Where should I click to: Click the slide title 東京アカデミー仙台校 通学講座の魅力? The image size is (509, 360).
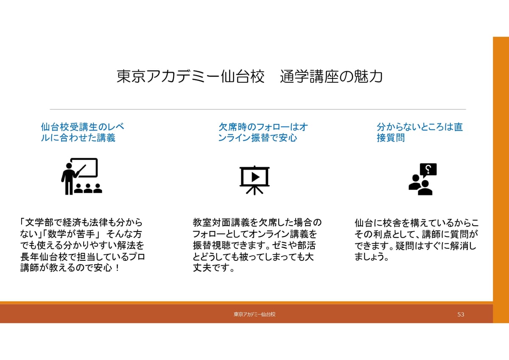pyautogui.click(x=249, y=77)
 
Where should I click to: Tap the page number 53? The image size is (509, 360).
pyautogui.click(x=461, y=314)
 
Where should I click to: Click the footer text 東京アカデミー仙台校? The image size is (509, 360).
pyautogui.click(x=255, y=314)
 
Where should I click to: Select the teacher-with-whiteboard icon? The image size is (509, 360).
pyautogui.click(x=81, y=176)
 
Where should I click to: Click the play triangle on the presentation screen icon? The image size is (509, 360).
pyautogui.click(x=255, y=177)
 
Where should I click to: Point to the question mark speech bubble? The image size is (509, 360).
pyautogui.click(x=428, y=170)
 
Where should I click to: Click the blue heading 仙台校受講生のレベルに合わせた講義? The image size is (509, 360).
pyautogui.click(x=82, y=132)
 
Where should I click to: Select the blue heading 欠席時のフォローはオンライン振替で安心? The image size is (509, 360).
pyautogui.click(x=263, y=132)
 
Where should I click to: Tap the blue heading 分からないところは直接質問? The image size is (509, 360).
pyautogui.click(x=420, y=132)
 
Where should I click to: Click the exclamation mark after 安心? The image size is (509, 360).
pyautogui.click(x=117, y=268)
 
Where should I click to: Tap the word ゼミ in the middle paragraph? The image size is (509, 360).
pyautogui.click(x=281, y=245)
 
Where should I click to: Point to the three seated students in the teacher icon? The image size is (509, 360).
pyautogui.click(x=88, y=188)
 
